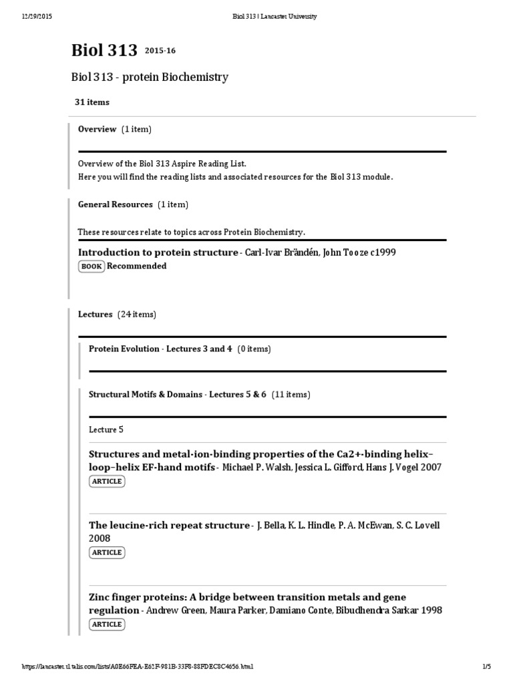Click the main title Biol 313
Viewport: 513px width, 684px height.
coord(104,51)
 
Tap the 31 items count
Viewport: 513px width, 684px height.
coord(92,102)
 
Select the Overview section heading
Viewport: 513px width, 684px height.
coord(98,129)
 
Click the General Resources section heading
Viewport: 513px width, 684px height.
coord(116,204)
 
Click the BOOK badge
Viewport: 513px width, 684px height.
coord(92,267)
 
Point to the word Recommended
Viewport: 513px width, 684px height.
coord(137,266)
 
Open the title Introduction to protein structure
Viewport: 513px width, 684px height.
coord(158,252)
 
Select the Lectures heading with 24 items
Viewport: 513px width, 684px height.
coord(96,314)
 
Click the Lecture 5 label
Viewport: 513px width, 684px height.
coord(106,430)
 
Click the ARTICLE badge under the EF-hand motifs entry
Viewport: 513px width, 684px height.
coord(107,481)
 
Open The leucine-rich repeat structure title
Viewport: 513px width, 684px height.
coord(168,526)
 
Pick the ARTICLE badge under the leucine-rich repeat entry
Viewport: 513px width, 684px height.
coord(107,552)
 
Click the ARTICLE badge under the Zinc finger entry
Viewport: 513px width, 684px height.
coord(107,624)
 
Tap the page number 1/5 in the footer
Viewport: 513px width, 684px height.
coord(486,667)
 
